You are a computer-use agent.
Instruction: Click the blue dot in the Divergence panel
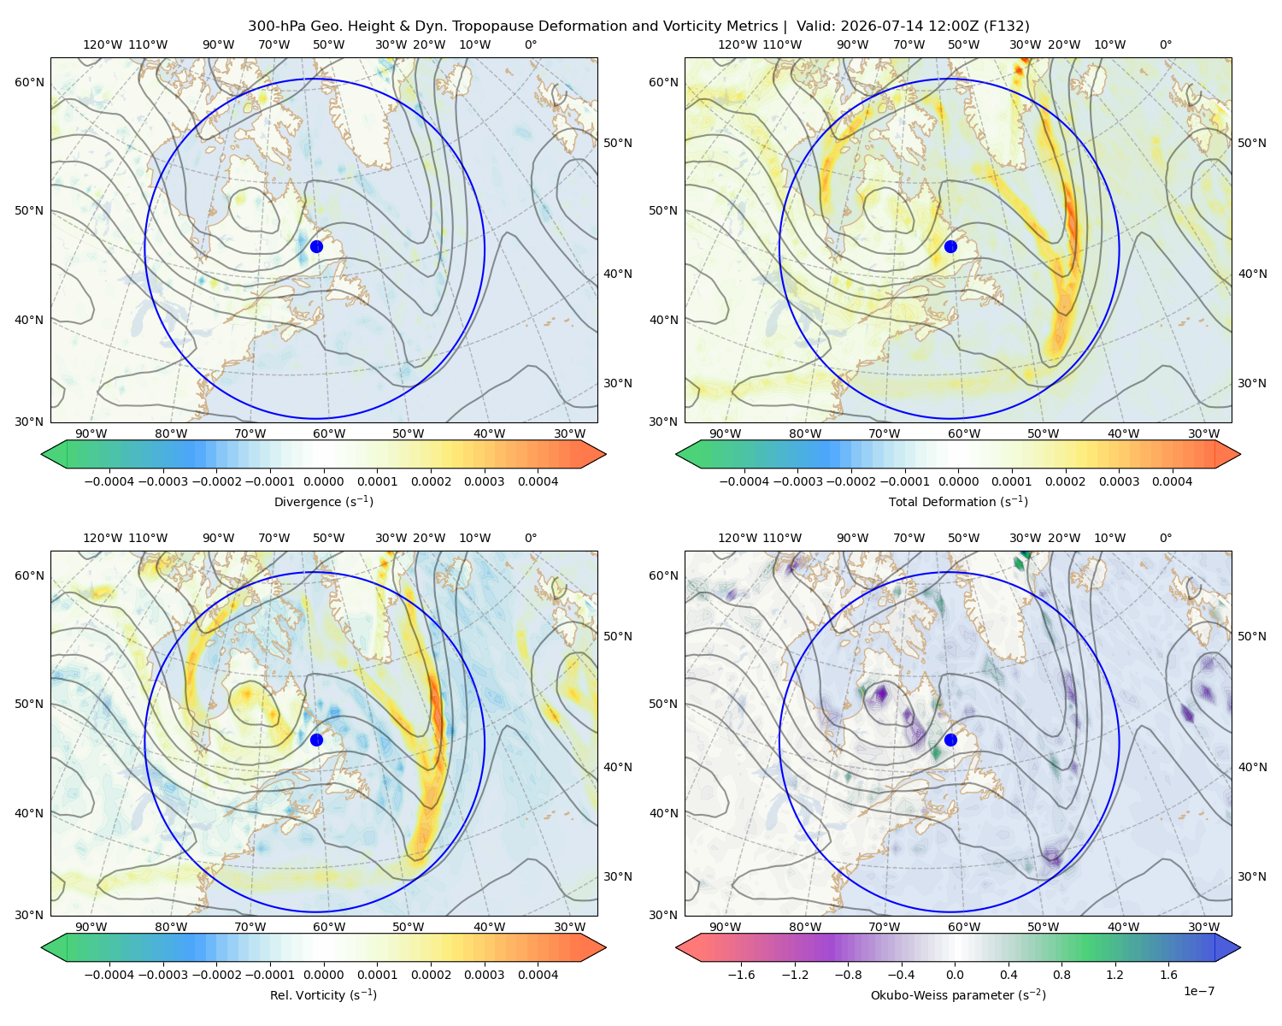pyautogui.click(x=316, y=246)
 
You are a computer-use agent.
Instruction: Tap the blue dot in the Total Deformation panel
pyautogui.click(x=950, y=246)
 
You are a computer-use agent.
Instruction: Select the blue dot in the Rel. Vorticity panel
pyautogui.click(x=316, y=740)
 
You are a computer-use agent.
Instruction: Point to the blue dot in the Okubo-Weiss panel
pyautogui.click(x=950, y=740)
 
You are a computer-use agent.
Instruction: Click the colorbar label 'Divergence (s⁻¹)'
pyautogui.click(x=323, y=501)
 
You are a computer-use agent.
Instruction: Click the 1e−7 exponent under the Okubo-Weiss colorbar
pyautogui.click(x=1198, y=991)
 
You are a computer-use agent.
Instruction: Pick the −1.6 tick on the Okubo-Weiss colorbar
pyautogui.click(x=741, y=975)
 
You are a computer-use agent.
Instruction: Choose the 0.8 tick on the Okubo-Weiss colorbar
pyautogui.click(x=1061, y=975)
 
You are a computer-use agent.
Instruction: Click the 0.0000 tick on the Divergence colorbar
pyautogui.click(x=323, y=481)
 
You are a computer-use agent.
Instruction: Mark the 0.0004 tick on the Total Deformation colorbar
pyautogui.click(x=1172, y=481)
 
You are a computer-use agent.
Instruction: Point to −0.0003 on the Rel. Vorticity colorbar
pyautogui.click(x=162, y=975)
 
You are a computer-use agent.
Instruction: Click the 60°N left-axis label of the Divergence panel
pyautogui.click(x=29, y=82)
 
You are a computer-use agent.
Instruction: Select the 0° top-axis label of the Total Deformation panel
pyautogui.click(x=1166, y=44)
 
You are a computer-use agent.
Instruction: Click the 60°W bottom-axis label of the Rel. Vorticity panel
pyautogui.click(x=329, y=927)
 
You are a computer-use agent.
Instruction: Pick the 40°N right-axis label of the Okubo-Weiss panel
pyautogui.click(x=1252, y=767)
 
